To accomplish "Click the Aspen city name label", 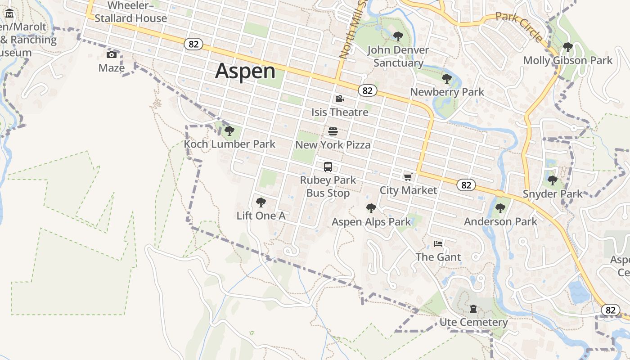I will [245, 71].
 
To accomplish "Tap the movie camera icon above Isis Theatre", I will [339, 99].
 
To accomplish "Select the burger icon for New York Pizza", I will [333, 131].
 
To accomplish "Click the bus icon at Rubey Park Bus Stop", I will [328, 167].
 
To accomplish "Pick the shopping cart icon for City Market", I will [408, 177].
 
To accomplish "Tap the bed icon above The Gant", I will [438, 244].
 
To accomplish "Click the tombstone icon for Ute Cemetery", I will [473, 309].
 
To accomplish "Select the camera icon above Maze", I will [111, 55].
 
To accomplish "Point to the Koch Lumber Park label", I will [229, 144].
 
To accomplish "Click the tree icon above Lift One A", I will [261, 202].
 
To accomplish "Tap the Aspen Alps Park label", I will [371, 222].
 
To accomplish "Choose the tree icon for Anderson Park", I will [500, 208].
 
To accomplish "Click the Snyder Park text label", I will [553, 194].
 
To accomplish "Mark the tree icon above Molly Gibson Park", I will [567, 47].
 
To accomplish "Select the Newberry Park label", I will [447, 92].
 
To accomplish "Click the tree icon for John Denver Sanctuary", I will [398, 36].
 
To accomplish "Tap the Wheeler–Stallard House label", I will [130, 12].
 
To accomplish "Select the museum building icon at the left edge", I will [9, 14].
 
